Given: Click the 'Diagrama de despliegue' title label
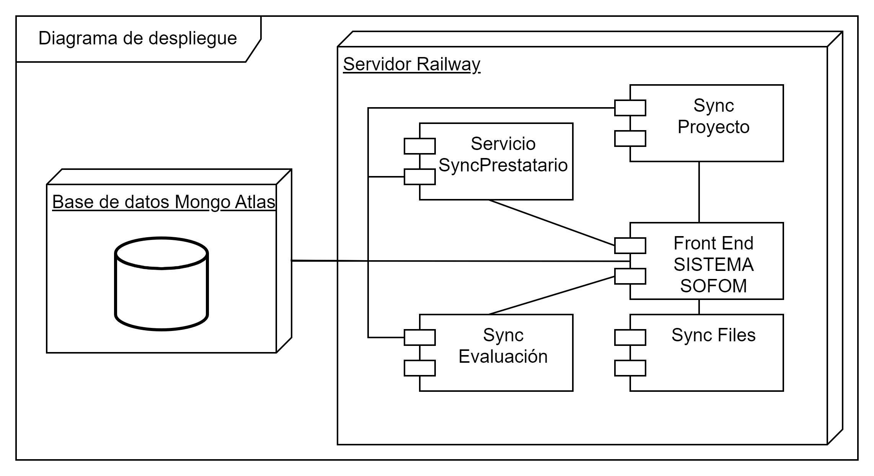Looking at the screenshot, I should pyautogui.click(x=138, y=38).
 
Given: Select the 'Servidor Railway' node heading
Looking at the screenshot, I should pyautogui.click(x=411, y=64).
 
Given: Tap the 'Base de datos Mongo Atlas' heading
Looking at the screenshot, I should pyautogui.click(x=163, y=202).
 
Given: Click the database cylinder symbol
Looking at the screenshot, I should pyautogui.click(x=161, y=284).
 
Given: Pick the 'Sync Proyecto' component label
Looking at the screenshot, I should pyautogui.click(x=713, y=116).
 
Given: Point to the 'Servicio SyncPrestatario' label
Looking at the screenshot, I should pyautogui.click(x=503, y=155).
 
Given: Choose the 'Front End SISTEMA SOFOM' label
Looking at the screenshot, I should pyautogui.click(x=713, y=264).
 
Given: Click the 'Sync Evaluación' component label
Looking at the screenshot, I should pyautogui.click(x=503, y=346).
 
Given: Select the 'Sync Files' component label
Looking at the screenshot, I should pyautogui.click(x=713, y=335).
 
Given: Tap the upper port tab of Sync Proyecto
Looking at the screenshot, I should pyautogui.click(x=630, y=108).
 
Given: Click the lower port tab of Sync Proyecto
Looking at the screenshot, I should pyautogui.click(x=630, y=139).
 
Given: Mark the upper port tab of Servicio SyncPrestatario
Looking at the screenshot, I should pyautogui.click(x=419, y=146).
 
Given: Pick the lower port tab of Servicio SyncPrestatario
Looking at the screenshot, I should pyautogui.click(x=419, y=177).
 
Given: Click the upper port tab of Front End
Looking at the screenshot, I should pyautogui.click(x=630, y=246).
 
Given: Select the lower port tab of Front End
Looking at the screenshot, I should pyautogui.click(x=630, y=276).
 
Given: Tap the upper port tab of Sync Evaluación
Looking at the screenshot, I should pyautogui.click(x=419, y=337).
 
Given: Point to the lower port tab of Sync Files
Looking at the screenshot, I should pyautogui.click(x=630, y=368).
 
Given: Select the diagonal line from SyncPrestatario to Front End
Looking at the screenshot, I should pyautogui.click(x=551, y=222).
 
